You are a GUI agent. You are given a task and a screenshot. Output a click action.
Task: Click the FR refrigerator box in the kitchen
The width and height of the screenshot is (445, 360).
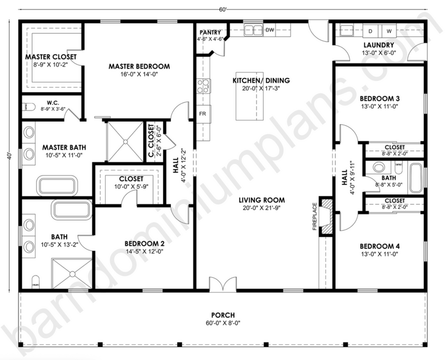(204, 114)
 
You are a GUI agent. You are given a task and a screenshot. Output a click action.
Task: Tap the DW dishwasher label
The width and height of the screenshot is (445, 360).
(269, 30)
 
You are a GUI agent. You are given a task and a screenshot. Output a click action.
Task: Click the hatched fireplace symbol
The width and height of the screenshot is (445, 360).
(327, 216)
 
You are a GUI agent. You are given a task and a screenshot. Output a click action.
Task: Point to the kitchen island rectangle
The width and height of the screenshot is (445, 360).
(250, 96)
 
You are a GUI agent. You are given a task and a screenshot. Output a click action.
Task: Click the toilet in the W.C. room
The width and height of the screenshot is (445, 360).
(29, 107)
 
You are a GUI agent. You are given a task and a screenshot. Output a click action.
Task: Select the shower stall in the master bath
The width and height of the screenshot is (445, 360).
(125, 141)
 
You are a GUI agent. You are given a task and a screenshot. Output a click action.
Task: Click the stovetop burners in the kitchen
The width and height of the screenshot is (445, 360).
(204, 86)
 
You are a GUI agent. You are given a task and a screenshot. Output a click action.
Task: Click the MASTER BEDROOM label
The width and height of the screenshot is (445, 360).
(139, 66)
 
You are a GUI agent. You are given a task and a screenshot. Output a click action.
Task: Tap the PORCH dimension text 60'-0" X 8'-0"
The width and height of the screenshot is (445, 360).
(223, 323)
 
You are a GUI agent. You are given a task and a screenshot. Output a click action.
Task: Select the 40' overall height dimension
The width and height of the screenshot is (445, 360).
(9, 156)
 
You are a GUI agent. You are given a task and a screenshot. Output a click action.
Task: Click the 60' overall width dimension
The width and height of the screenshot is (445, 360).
(223, 9)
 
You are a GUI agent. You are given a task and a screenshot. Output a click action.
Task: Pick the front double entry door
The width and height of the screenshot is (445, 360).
(223, 284)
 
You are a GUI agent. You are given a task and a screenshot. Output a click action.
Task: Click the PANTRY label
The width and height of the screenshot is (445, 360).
(210, 32)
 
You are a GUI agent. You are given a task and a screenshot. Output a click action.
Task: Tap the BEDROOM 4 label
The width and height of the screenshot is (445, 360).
(380, 246)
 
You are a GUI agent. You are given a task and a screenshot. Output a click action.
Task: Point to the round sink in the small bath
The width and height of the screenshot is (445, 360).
(379, 167)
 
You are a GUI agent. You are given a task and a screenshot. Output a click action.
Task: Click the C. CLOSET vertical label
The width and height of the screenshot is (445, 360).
(151, 140)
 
